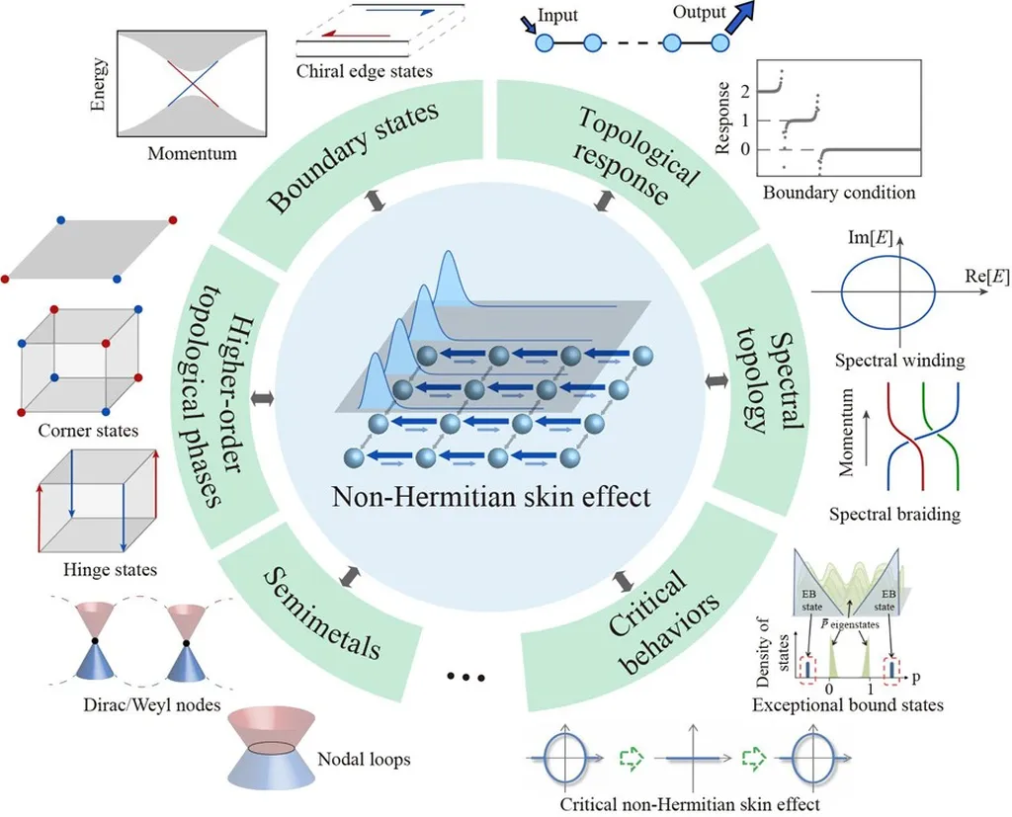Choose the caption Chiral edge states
[365, 71]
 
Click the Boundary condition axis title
[839, 193]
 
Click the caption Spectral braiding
[894, 514]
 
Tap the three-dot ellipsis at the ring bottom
[466, 678]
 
